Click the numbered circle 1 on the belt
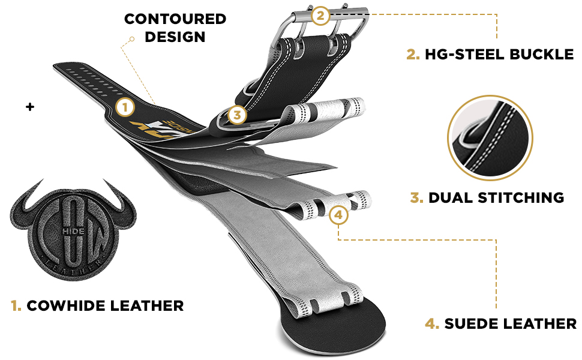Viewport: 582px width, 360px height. point(125,107)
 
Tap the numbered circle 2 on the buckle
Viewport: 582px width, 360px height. point(320,16)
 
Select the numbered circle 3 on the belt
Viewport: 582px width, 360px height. point(237,114)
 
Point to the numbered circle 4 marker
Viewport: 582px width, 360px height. point(339,214)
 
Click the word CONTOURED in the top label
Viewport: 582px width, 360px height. point(175,19)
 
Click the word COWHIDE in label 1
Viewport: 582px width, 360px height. point(64,306)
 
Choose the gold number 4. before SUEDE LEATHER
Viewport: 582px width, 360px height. point(432,324)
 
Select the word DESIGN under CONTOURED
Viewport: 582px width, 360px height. point(175,37)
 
